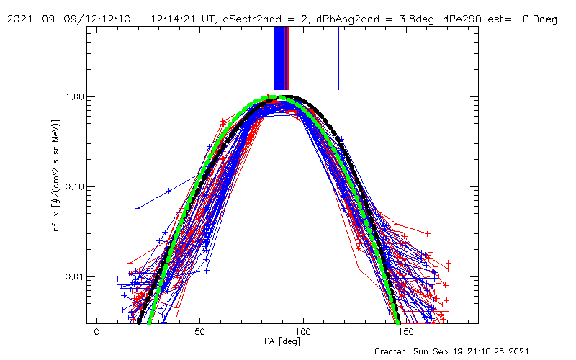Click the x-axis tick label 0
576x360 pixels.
pos(96,333)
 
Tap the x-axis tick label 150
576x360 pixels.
pos(406,333)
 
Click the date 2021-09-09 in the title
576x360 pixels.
pos(36,19)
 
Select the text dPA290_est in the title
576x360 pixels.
pos(473,19)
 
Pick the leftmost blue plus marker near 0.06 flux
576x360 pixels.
pos(138,208)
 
